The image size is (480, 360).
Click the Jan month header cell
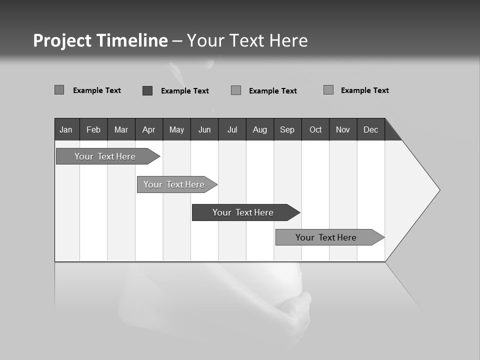pos(66,129)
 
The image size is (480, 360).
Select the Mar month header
pos(121,129)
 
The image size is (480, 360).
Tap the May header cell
pos(176,129)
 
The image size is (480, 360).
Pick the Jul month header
pos(232,129)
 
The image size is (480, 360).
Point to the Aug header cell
pos(259,129)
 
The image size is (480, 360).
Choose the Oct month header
pos(315,129)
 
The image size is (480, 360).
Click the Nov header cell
pos(343,129)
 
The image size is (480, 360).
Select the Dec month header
pos(370,129)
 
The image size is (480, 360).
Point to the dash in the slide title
pos(177,41)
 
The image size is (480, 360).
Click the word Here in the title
pos(288,40)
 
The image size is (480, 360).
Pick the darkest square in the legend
pos(147,90)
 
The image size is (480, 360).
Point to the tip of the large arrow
pos(438,190)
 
